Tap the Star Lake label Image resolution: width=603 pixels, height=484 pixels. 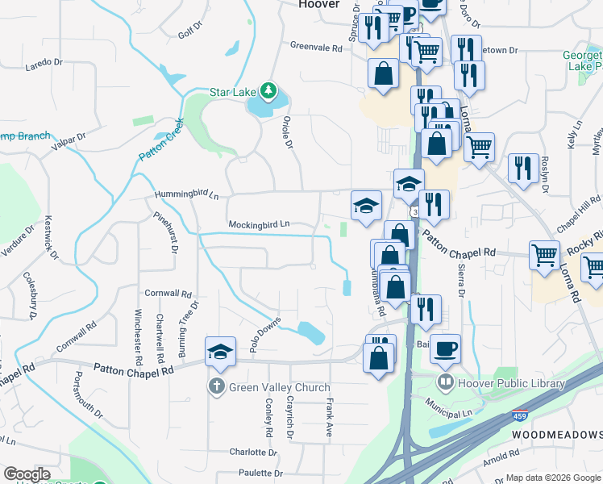click(232, 92)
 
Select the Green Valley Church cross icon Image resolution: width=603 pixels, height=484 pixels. click(217, 387)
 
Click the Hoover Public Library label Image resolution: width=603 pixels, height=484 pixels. click(511, 383)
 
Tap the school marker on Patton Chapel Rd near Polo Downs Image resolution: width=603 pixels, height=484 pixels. click(220, 351)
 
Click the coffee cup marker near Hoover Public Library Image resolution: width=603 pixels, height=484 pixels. click(445, 348)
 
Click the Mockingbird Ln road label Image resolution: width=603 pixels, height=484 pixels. click(259, 224)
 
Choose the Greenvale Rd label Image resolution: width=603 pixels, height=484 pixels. click(316, 48)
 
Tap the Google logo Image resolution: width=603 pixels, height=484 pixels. click(27, 474)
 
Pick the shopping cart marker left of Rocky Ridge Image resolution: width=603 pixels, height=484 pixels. click(545, 255)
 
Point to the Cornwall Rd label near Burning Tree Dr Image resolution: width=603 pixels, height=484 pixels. click(168, 294)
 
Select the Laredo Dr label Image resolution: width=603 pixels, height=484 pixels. click(44, 62)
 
